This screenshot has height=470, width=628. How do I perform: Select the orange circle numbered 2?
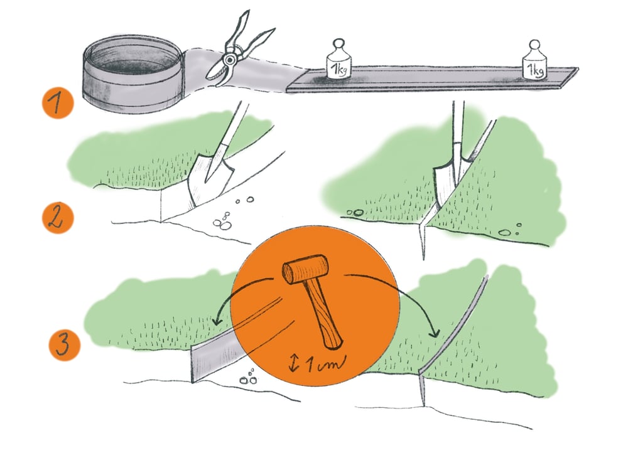(x=58, y=218)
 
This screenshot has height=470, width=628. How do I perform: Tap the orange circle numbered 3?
(x=65, y=344)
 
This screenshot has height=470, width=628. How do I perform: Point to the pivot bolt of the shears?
(x=230, y=60)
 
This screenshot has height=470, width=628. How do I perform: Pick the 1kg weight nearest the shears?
(x=339, y=60)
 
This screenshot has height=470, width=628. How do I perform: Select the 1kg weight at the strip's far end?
(x=534, y=60)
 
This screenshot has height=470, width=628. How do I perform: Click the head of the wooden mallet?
(x=305, y=269)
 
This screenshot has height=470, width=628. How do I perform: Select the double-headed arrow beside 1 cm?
(x=294, y=363)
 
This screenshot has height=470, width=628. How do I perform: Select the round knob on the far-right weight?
(x=534, y=45)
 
